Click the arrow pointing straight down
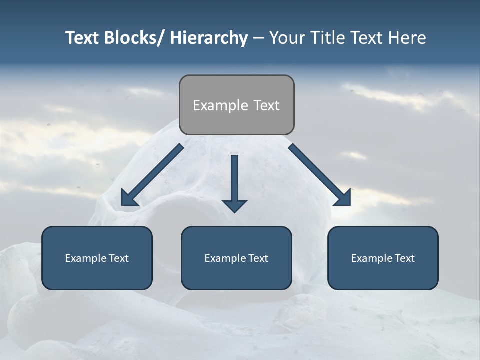tap(234, 182)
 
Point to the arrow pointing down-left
tap(152, 175)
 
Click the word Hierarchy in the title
tap(209, 38)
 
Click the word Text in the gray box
tap(266, 105)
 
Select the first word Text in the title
tap(83, 38)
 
